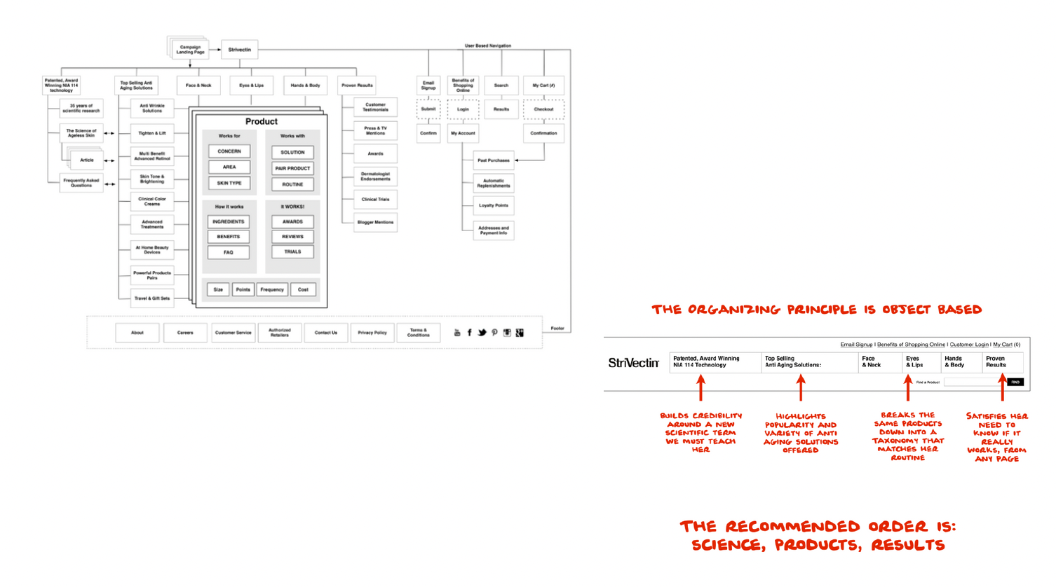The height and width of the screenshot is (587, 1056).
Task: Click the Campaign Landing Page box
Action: (x=190, y=50)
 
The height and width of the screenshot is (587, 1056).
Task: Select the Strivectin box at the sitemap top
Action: (x=239, y=50)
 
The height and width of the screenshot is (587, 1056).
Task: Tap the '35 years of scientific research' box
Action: (x=81, y=109)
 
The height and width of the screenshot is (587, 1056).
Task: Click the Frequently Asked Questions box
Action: (x=81, y=183)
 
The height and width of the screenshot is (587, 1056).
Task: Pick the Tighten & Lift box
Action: (x=152, y=133)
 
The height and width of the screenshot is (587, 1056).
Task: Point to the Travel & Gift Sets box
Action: (x=152, y=298)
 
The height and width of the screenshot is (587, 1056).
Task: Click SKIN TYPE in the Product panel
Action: (x=229, y=184)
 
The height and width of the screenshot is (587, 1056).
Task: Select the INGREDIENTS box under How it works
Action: (x=229, y=222)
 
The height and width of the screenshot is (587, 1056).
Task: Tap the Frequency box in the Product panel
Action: (x=272, y=289)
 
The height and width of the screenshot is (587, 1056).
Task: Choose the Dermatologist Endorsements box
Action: (x=375, y=177)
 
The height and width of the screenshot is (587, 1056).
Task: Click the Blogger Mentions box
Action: (x=375, y=222)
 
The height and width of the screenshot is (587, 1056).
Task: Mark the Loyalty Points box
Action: (x=494, y=206)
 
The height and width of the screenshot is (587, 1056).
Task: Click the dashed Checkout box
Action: (x=543, y=109)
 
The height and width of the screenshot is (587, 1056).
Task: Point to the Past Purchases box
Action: (x=494, y=160)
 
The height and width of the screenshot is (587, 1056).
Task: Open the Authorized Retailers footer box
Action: (x=280, y=333)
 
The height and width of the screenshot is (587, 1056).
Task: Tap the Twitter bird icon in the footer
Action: (x=482, y=333)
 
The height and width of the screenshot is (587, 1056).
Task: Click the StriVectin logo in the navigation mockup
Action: (x=634, y=363)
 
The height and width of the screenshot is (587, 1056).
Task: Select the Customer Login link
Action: (x=968, y=345)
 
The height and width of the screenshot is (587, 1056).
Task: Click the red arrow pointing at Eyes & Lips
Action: (x=908, y=388)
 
